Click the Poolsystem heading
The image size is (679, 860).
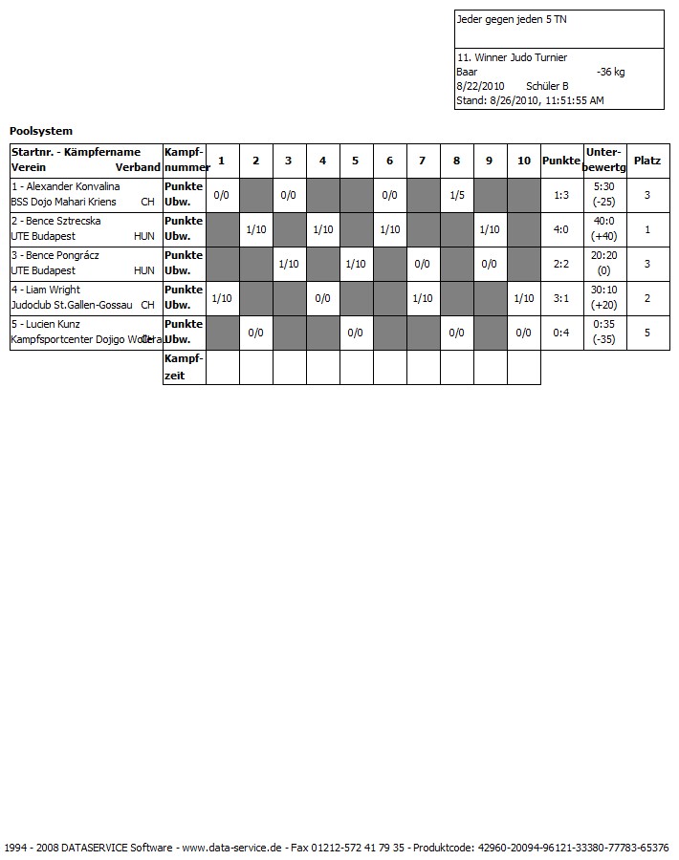[41, 131]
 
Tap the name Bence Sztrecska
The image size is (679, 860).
[66, 221]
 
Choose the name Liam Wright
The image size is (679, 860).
[53, 290]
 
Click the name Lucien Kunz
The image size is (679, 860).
[52, 324]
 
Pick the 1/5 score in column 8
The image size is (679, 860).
[456, 195]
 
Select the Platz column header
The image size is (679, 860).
[647, 161]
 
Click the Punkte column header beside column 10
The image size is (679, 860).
[561, 161]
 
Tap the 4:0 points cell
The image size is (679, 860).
[561, 229]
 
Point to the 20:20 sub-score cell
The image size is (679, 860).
[603, 255]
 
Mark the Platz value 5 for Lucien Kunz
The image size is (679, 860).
[647, 333]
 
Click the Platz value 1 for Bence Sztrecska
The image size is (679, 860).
[647, 229]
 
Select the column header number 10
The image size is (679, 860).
[523, 161]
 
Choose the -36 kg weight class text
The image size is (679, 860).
[610, 72]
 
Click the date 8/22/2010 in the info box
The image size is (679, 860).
[480, 86]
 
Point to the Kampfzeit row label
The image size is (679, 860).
[184, 367]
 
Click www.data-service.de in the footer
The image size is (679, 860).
[230, 848]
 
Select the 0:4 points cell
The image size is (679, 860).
[561, 333]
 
